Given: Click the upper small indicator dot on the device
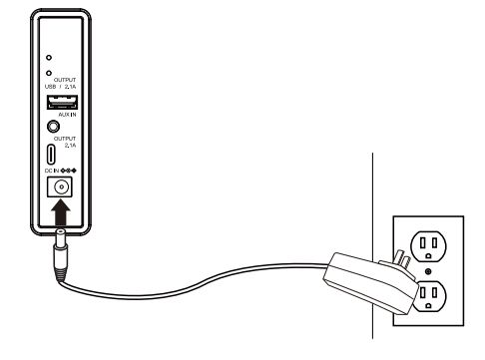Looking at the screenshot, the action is point(49,59).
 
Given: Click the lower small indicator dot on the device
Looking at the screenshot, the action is point(49,75).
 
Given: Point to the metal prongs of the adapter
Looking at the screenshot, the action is point(402,253).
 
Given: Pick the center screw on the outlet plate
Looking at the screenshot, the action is point(428,272).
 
